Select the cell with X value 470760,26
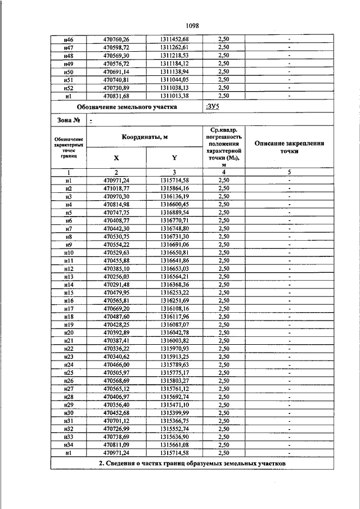pos(116,38)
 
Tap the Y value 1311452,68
pos(174,38)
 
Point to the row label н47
pos(69,47)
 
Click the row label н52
pos(69,88)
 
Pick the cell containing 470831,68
pos(116,96)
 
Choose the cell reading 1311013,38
pos(174,96)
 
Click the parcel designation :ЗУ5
pos(212,106)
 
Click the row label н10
pos(69,253)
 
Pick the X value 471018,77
pos(116,188)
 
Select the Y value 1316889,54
pos(174,213)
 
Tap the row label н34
pos(69,445)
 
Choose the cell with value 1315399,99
pos(174,412)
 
